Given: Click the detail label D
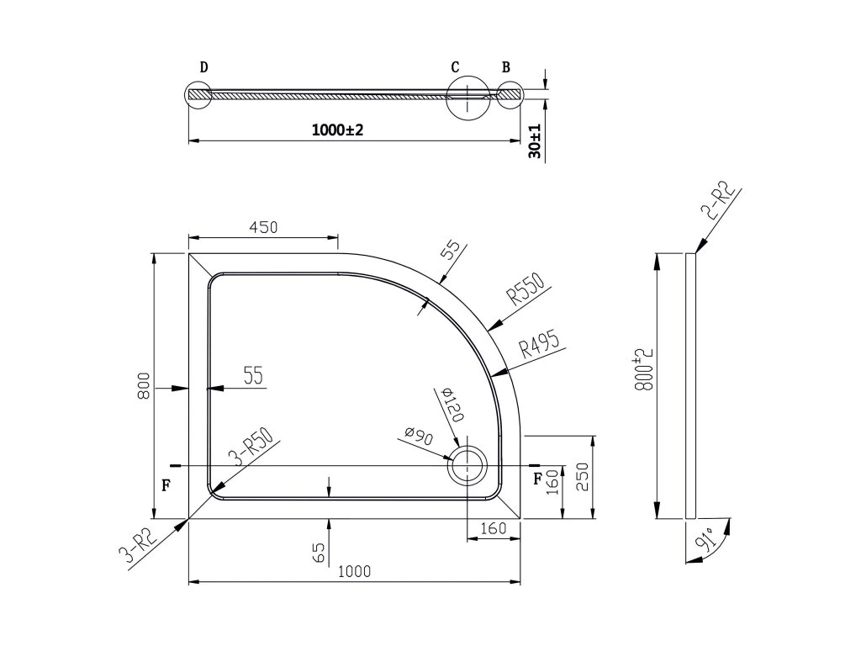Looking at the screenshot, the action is click(x=203, y=67).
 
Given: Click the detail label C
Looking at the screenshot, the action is click(x=455, y=67).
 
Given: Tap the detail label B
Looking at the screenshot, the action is click(x=505, y=67).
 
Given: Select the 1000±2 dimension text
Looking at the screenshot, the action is click(x=337, y=130).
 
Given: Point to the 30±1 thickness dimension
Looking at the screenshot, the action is click(x=535, y=141).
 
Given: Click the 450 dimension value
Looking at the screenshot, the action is click(x=263, y=227).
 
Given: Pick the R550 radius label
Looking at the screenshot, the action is click(x=526, y=289).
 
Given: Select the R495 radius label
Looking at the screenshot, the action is click(x=540, y=345).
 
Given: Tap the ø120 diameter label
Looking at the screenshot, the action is click(x=452, y=404).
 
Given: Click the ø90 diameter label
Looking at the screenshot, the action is click(x=420, y=437).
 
